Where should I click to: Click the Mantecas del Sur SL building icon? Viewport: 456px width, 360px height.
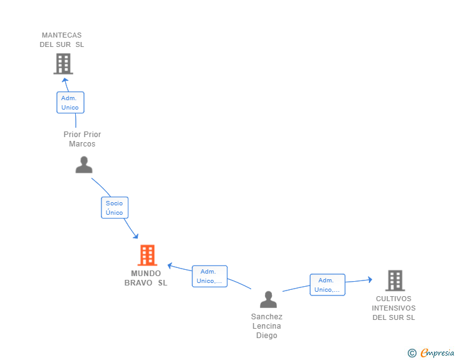63,64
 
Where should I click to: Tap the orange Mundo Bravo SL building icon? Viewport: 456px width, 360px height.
147,255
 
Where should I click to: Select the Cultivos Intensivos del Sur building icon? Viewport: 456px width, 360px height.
395,280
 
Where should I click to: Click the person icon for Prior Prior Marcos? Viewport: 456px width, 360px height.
84,165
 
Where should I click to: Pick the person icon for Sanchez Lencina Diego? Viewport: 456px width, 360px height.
269,299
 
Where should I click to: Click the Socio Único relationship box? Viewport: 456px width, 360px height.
115,208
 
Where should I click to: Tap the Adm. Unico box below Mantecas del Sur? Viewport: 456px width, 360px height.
70,102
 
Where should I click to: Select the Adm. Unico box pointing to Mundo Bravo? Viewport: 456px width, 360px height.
210,276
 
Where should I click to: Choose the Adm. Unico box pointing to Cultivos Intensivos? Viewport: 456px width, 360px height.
328,285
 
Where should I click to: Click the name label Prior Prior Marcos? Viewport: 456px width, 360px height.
82,139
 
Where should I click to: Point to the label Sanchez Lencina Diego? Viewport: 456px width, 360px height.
267,326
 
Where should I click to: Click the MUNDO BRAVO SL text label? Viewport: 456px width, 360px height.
146,278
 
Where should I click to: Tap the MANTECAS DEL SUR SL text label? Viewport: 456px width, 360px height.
61,40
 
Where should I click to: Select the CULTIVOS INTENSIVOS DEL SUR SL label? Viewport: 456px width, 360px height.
394,308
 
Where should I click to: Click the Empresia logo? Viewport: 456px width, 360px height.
437,352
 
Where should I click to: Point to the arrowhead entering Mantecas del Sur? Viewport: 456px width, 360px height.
65,80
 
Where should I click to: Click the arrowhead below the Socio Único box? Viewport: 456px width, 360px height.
135,236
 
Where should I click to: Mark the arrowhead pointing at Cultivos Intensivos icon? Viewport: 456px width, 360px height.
370,280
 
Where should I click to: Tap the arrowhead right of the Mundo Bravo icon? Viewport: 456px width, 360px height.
170,265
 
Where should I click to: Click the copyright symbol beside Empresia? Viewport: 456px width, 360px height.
412,353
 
